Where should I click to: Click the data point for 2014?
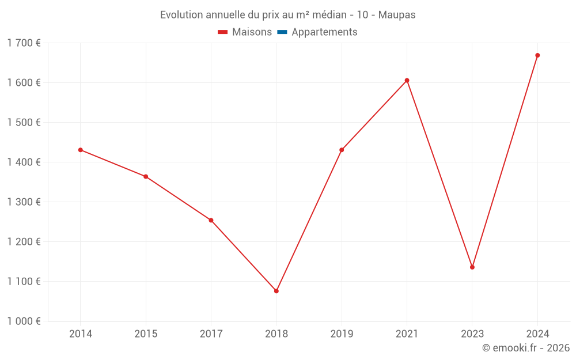(81, 150)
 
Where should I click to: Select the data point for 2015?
(146, 176)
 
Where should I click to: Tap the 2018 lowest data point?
(276, 291)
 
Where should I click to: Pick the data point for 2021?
(407, 81)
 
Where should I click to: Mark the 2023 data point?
(472, 267)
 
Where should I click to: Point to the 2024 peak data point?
(537, 55)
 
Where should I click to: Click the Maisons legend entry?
(252, 32)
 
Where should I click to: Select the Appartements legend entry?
(324, 32)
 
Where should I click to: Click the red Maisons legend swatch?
(223, 32)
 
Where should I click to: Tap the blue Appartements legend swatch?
(282, 32)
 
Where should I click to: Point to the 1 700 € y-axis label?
(24, 43)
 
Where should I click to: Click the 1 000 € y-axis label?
(24, 321)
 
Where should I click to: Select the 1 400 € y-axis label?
(24, 162)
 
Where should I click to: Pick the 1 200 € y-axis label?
(24, 242)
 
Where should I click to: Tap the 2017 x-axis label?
(211, 334)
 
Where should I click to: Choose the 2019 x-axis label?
(342, 334)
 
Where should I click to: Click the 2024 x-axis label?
(537, 334)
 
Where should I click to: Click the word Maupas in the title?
(397, 15)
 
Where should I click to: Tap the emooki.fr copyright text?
(526, 348)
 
